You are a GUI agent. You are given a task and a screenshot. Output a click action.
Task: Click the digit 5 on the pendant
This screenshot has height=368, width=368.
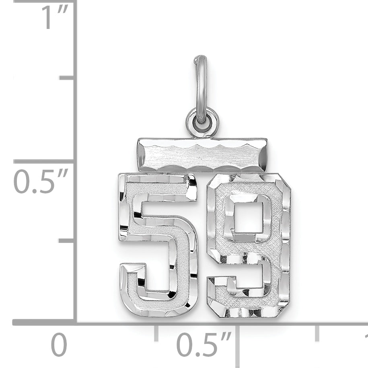pos(159,245)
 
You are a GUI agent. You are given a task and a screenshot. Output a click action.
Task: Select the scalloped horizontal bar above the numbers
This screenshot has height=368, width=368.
pos(202,155)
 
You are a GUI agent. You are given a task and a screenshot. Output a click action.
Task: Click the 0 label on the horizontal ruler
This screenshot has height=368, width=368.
pos(59,345)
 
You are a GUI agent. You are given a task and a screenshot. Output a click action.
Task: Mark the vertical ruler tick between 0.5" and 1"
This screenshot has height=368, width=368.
pos(67,77)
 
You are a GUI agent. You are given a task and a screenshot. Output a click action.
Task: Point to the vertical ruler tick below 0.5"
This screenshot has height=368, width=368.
pos(67,241)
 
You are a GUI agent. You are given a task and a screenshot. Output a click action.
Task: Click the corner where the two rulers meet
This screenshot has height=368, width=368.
pos(75,322)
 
